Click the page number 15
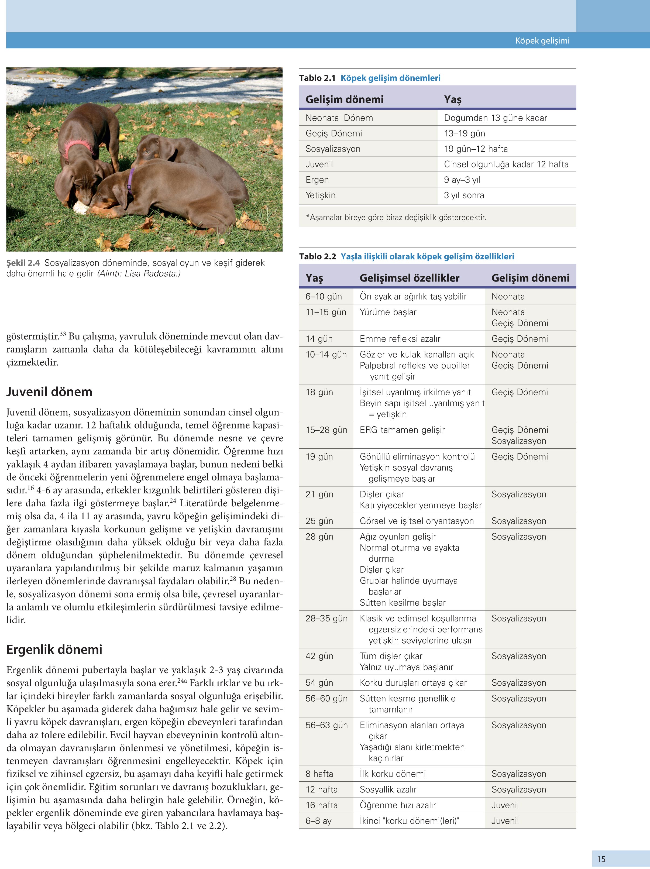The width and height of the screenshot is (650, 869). (x=601, y=859)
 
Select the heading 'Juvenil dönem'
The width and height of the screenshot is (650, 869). (x=49, y=392)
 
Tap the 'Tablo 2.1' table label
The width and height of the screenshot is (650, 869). (x=317, y=78)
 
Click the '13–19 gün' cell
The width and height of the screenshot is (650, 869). (x=464, y=133)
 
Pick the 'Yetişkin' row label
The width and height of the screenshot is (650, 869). (x=321, y=195)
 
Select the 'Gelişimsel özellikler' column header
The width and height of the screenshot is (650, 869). (x=409, y=278)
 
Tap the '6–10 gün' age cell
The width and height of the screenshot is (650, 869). (x=324, y=297)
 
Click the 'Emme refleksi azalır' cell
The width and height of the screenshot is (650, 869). (x=400, y=339)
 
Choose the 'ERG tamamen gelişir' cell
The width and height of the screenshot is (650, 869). (x=402, y=430)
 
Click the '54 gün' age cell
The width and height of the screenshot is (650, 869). (x=319, y=683)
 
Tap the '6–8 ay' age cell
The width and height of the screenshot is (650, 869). (x=318, y=821)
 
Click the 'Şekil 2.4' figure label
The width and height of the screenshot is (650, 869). (x=23, y=263)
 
